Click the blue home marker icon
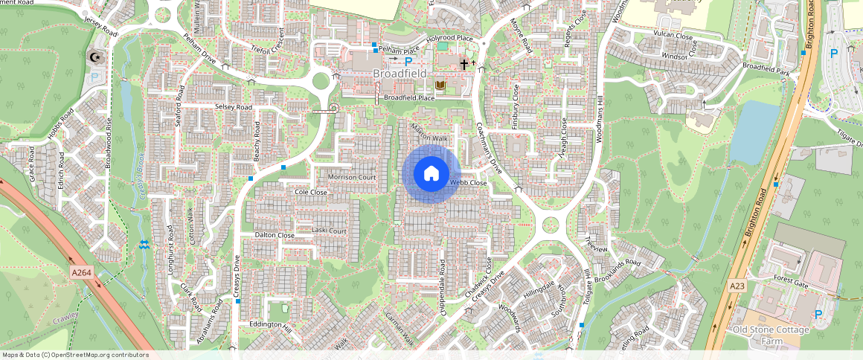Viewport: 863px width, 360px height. (x=431, y=174)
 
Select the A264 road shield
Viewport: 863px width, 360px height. (x=82, y=273)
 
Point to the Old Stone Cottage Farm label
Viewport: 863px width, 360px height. (x=770, y=334)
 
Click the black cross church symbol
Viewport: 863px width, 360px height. (x=464, y=65)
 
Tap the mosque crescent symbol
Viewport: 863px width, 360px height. (x=95, y=57)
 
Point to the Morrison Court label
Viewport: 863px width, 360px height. (x=352, y=178)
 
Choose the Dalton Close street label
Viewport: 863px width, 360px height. (x=275, y=235)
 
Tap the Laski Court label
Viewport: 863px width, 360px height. (x=329, y=231)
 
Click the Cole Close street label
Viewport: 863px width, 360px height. (x=311, y=192)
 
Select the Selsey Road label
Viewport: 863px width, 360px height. (x=234, y=107)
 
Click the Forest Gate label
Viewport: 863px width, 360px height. (x=790, y=281)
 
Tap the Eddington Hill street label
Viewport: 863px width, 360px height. (x=272, y=325)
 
